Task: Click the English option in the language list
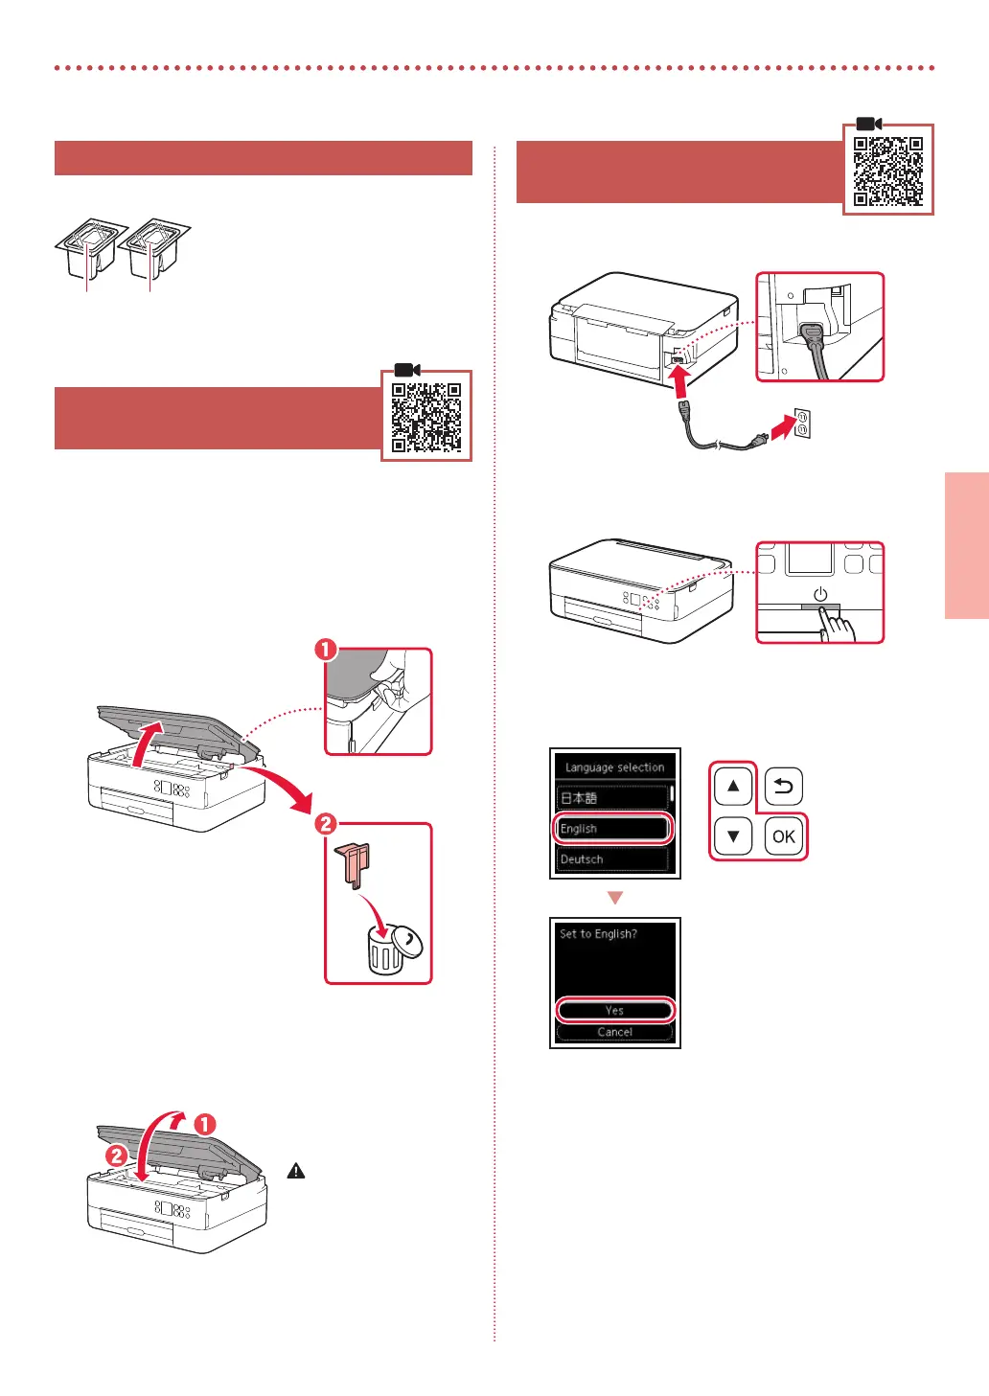click(x=610, y=829)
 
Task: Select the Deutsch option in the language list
click(x=610, y=859)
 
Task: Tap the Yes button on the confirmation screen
click(x=614, y=1010)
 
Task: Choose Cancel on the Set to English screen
click(x=614, y=1033)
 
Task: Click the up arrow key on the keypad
click(x=733, y=787)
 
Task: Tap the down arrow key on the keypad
click(x=733, y=835)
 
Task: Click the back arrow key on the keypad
click(x=783, y=787)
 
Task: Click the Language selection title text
click(x=614, y=767)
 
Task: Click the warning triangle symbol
click(x=296, y=1171)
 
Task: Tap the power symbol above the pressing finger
click(x=820, y=594)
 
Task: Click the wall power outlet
click(x=801, y=423)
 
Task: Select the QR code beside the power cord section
click(x=888, y=171)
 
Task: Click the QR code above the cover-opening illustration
click(x=426, y=417)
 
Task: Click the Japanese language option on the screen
click(x=610, y=798)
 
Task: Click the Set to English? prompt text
click(x=598, y=934)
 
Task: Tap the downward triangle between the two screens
click(x=615, y=899)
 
